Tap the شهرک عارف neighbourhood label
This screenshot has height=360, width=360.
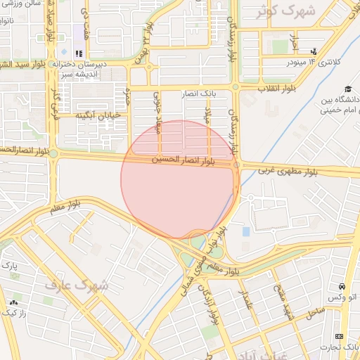(77, 285)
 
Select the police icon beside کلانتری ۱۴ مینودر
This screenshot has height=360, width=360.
(313, 51)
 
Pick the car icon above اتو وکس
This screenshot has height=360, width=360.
(342, 286)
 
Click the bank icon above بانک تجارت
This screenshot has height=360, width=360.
(340, 336)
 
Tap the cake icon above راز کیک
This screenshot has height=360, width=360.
(14, 302)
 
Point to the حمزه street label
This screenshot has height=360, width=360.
(127, 96)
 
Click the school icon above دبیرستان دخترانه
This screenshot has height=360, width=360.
(79, 53)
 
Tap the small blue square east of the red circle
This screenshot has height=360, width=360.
(246, 231)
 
